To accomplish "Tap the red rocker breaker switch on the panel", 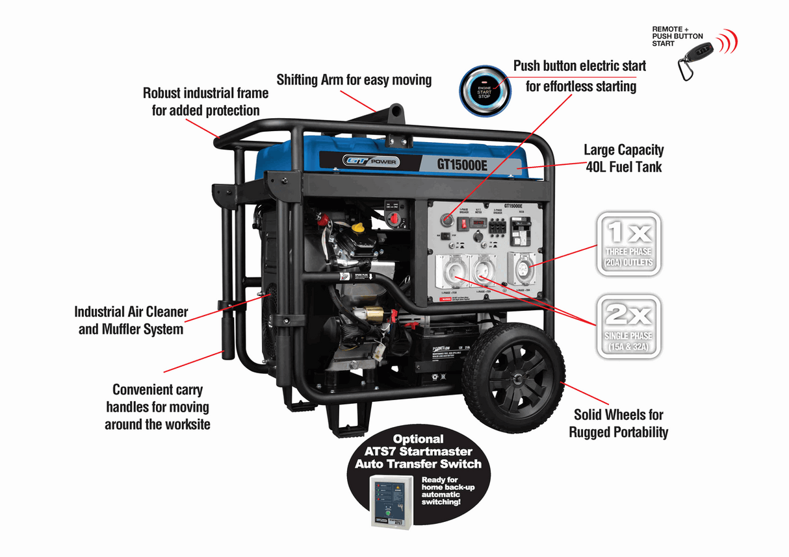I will point(464,224).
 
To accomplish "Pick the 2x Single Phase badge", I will point(628,327).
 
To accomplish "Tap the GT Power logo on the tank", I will point(371,162).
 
